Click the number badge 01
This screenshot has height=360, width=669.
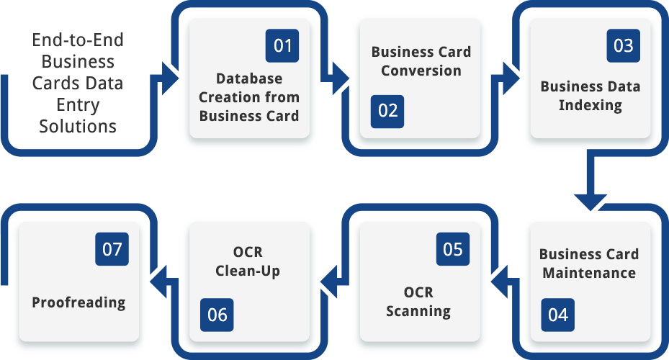tap(282, 46)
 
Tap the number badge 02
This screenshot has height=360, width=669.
tap(387, 111)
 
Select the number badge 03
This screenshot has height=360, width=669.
tap(623, 46)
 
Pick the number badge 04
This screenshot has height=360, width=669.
tap(558, 315)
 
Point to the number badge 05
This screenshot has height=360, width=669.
tap(453, 250)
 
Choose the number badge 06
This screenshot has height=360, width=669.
tap(217, 315)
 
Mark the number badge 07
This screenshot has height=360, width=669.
tap(112, 250)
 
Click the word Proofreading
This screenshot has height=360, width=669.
tap(78, 302)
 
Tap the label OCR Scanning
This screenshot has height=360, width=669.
tap(418, 302)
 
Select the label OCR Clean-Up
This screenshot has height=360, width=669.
tap(248, 262)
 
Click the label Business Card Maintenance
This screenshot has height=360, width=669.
tap(589, 264)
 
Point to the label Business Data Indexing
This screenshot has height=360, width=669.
tap(591, 96)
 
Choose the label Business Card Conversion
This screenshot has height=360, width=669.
tap(421, 61)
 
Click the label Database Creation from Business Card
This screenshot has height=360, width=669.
tap(249, 96)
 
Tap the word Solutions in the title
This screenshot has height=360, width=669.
tap(78, 126)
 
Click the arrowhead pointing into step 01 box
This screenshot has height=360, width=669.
tap(171, 78)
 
